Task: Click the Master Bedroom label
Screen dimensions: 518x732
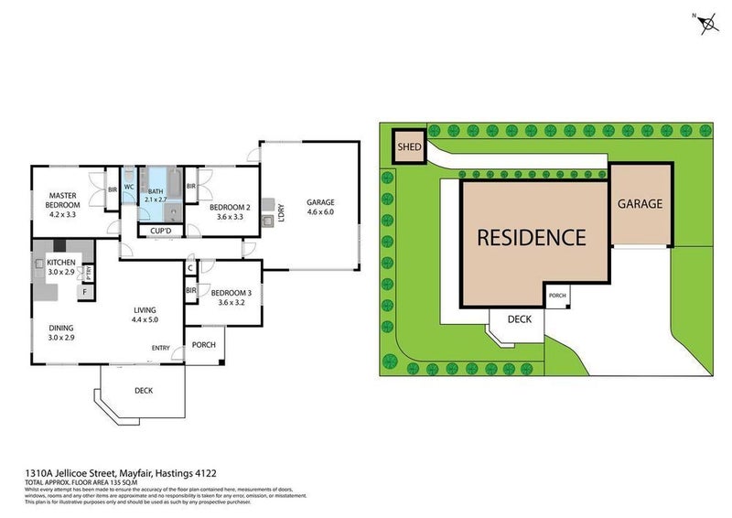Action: [63, 200]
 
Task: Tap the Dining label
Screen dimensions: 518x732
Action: [60, 328]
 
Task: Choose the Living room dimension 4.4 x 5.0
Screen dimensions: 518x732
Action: [145, 319]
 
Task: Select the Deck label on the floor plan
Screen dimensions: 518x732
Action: [143, 391]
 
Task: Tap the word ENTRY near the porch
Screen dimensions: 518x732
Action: [161, 347]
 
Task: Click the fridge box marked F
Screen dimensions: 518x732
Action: [84, 292]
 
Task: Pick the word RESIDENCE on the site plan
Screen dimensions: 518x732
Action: [532, 238]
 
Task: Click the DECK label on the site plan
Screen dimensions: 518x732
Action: [519, 319]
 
